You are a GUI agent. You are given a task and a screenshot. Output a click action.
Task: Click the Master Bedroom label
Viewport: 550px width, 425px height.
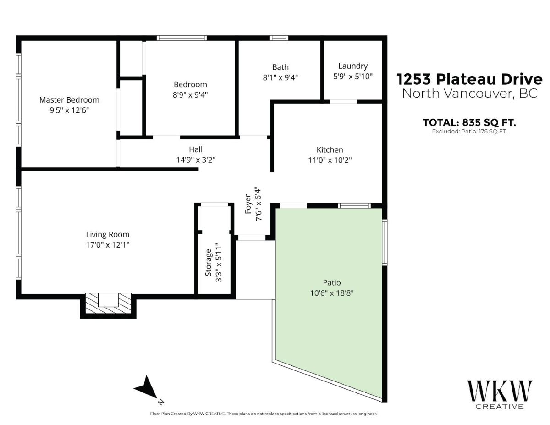[69, 100]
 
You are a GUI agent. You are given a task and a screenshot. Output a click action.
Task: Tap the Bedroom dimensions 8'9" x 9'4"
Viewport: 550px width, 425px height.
[190, 95]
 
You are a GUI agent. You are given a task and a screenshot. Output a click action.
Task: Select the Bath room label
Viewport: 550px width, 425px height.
[280, 67]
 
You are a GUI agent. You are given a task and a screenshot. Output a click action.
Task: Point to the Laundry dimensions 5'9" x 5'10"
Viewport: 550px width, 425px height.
[353, 77]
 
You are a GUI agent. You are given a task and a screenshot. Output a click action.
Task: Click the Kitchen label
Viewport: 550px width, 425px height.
[330, 149]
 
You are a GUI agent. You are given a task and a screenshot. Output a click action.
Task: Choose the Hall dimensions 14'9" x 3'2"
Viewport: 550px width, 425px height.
[196, 160]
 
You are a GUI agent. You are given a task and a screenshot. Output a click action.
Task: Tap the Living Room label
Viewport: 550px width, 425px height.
[108, 234]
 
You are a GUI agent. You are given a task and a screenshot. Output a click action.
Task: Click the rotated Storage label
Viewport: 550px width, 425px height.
[208, 263]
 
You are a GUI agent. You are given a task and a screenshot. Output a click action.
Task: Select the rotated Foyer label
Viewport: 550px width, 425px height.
[248, 204]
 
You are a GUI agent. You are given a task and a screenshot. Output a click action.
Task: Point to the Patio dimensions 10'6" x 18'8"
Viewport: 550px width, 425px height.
[332, 293]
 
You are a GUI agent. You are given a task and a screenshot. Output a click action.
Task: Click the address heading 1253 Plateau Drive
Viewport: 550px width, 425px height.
[469, 79]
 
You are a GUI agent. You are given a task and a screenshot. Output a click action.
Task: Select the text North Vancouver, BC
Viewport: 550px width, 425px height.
[470, 94]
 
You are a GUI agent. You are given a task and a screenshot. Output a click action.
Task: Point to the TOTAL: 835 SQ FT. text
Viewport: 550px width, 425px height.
[469, 123]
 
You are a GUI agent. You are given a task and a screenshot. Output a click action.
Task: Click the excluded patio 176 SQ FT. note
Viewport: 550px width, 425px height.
[469, 132]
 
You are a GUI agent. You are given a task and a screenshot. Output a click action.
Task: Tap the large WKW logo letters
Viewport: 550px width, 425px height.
[500, 392]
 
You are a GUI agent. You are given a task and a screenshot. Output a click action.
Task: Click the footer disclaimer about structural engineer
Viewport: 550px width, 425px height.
[264, 414]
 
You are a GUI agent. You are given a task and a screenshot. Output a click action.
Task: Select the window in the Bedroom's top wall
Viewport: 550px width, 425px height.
[181, 38]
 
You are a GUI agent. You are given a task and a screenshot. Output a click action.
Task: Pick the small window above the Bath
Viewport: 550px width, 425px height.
[279, 38]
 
